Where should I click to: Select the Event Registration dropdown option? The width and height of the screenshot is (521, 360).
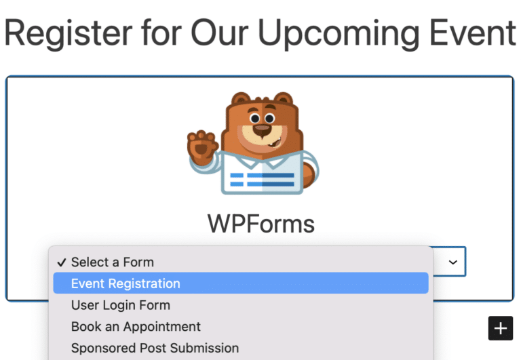click(x=126, y=283)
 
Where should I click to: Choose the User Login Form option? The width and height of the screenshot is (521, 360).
click(x=121, y=305)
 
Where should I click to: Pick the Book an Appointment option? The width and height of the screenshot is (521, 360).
click(x=136, y=326)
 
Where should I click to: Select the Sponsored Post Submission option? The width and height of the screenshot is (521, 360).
click(x=155, y=348)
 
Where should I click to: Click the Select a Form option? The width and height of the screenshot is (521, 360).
click(x=113, y=262)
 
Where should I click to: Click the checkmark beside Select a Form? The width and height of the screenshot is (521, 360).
click(x=62, y=262)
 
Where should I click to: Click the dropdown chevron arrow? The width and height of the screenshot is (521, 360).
click(x=453, y=261)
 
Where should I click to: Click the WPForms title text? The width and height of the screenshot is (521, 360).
click(x=261, y=224)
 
